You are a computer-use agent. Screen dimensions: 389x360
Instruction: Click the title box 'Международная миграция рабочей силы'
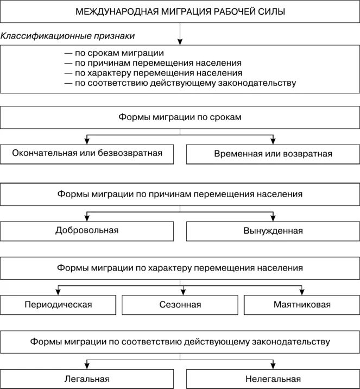[180, 11]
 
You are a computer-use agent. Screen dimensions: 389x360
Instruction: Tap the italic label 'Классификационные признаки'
[68, 36]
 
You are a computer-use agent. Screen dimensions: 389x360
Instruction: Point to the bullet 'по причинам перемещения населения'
[153, 63]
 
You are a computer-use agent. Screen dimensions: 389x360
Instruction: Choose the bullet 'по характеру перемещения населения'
[153, 73]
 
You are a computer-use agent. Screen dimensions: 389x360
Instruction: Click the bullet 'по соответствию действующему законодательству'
[180, 83]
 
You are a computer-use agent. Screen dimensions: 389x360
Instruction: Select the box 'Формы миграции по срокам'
[180, 117]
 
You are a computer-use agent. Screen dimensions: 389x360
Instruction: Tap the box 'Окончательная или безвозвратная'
[87, 153]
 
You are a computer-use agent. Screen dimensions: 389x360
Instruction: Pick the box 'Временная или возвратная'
[273, 154]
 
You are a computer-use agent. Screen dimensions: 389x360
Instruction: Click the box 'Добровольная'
[87, 230]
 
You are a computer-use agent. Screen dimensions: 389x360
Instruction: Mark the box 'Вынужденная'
[273, 231]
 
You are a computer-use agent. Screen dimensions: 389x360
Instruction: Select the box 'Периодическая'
[59, 304]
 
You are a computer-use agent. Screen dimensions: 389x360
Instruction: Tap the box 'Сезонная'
[180, 305]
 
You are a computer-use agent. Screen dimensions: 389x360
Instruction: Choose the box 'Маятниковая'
[302, 305]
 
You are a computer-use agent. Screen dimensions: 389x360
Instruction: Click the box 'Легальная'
[87, 379]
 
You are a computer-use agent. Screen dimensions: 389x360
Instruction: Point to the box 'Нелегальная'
[273, 379]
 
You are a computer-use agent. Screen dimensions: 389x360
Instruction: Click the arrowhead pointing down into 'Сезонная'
[180, 291]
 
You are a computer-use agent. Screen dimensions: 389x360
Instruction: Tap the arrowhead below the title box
[180, 41]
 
